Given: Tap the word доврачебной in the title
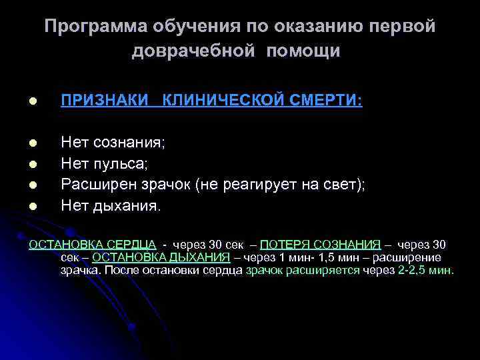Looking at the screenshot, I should (193, 51).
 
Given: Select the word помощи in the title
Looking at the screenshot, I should (304, 51).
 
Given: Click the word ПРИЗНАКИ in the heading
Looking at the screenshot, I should (105, 100).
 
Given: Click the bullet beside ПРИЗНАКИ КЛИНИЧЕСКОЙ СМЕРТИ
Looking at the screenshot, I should (32, 101).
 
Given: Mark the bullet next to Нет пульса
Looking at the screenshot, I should (32, 163).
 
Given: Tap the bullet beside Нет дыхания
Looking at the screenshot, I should (32, 206).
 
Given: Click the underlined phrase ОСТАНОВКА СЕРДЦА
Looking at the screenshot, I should (93, 244).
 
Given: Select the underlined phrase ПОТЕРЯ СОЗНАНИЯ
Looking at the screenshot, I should (321, 244).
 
